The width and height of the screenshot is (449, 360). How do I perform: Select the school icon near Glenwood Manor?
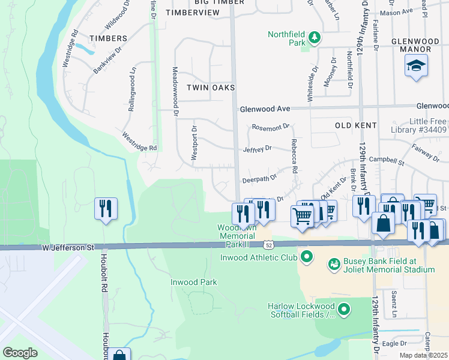(416, 66)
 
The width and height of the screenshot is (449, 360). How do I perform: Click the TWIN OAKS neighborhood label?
(209, 88)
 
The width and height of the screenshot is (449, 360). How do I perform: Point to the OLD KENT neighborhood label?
(355, 125)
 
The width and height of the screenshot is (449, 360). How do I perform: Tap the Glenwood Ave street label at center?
(265, 109)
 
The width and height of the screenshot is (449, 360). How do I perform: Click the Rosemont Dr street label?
(271, 127)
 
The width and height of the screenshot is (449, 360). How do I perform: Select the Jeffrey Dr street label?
(258, 148)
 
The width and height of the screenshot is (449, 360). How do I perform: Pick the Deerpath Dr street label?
(259, 178)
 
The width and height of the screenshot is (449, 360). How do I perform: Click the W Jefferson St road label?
(68, 247)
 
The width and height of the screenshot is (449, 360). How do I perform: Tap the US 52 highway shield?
(268, 244)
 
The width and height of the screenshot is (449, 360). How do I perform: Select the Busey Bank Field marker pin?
(334, 263)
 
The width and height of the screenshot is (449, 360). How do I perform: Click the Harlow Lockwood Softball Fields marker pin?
(344, 310)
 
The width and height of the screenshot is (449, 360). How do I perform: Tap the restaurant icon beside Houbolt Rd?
(106, 209)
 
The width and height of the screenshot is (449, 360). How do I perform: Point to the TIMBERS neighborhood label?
(108, 38)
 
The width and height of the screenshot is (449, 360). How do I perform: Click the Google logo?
(20, 353)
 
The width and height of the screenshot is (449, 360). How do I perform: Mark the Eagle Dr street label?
(394, 343)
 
